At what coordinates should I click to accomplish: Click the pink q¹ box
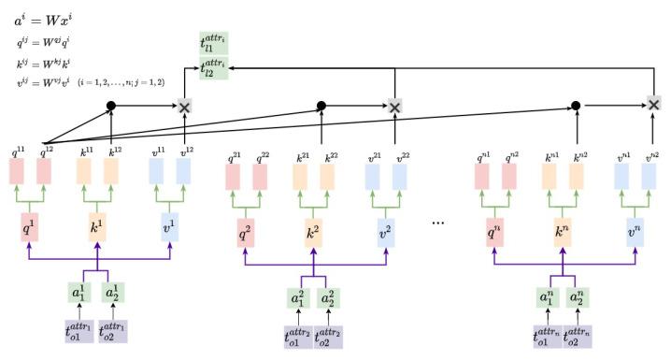(x=29, y=227)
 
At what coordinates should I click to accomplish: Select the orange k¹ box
(x=98, y=227)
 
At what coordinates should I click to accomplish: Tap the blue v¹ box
(x=169, y=227)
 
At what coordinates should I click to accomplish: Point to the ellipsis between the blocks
(x=439, y=224)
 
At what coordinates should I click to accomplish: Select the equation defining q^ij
(x=42, y=43)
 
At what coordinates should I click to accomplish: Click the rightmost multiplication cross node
(x=655, y=104)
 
